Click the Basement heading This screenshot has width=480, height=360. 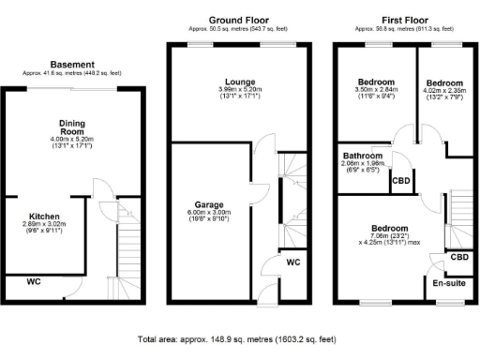pos(71,65)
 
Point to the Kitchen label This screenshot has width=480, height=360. pos(45,215)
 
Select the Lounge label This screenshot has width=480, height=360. pos(234,82)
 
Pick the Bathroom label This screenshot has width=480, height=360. pos(360,155)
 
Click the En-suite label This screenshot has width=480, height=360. pos(449,280)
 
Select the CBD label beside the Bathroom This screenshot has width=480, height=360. pos(400,180)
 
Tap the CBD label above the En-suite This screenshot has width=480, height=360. pos(459,256)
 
